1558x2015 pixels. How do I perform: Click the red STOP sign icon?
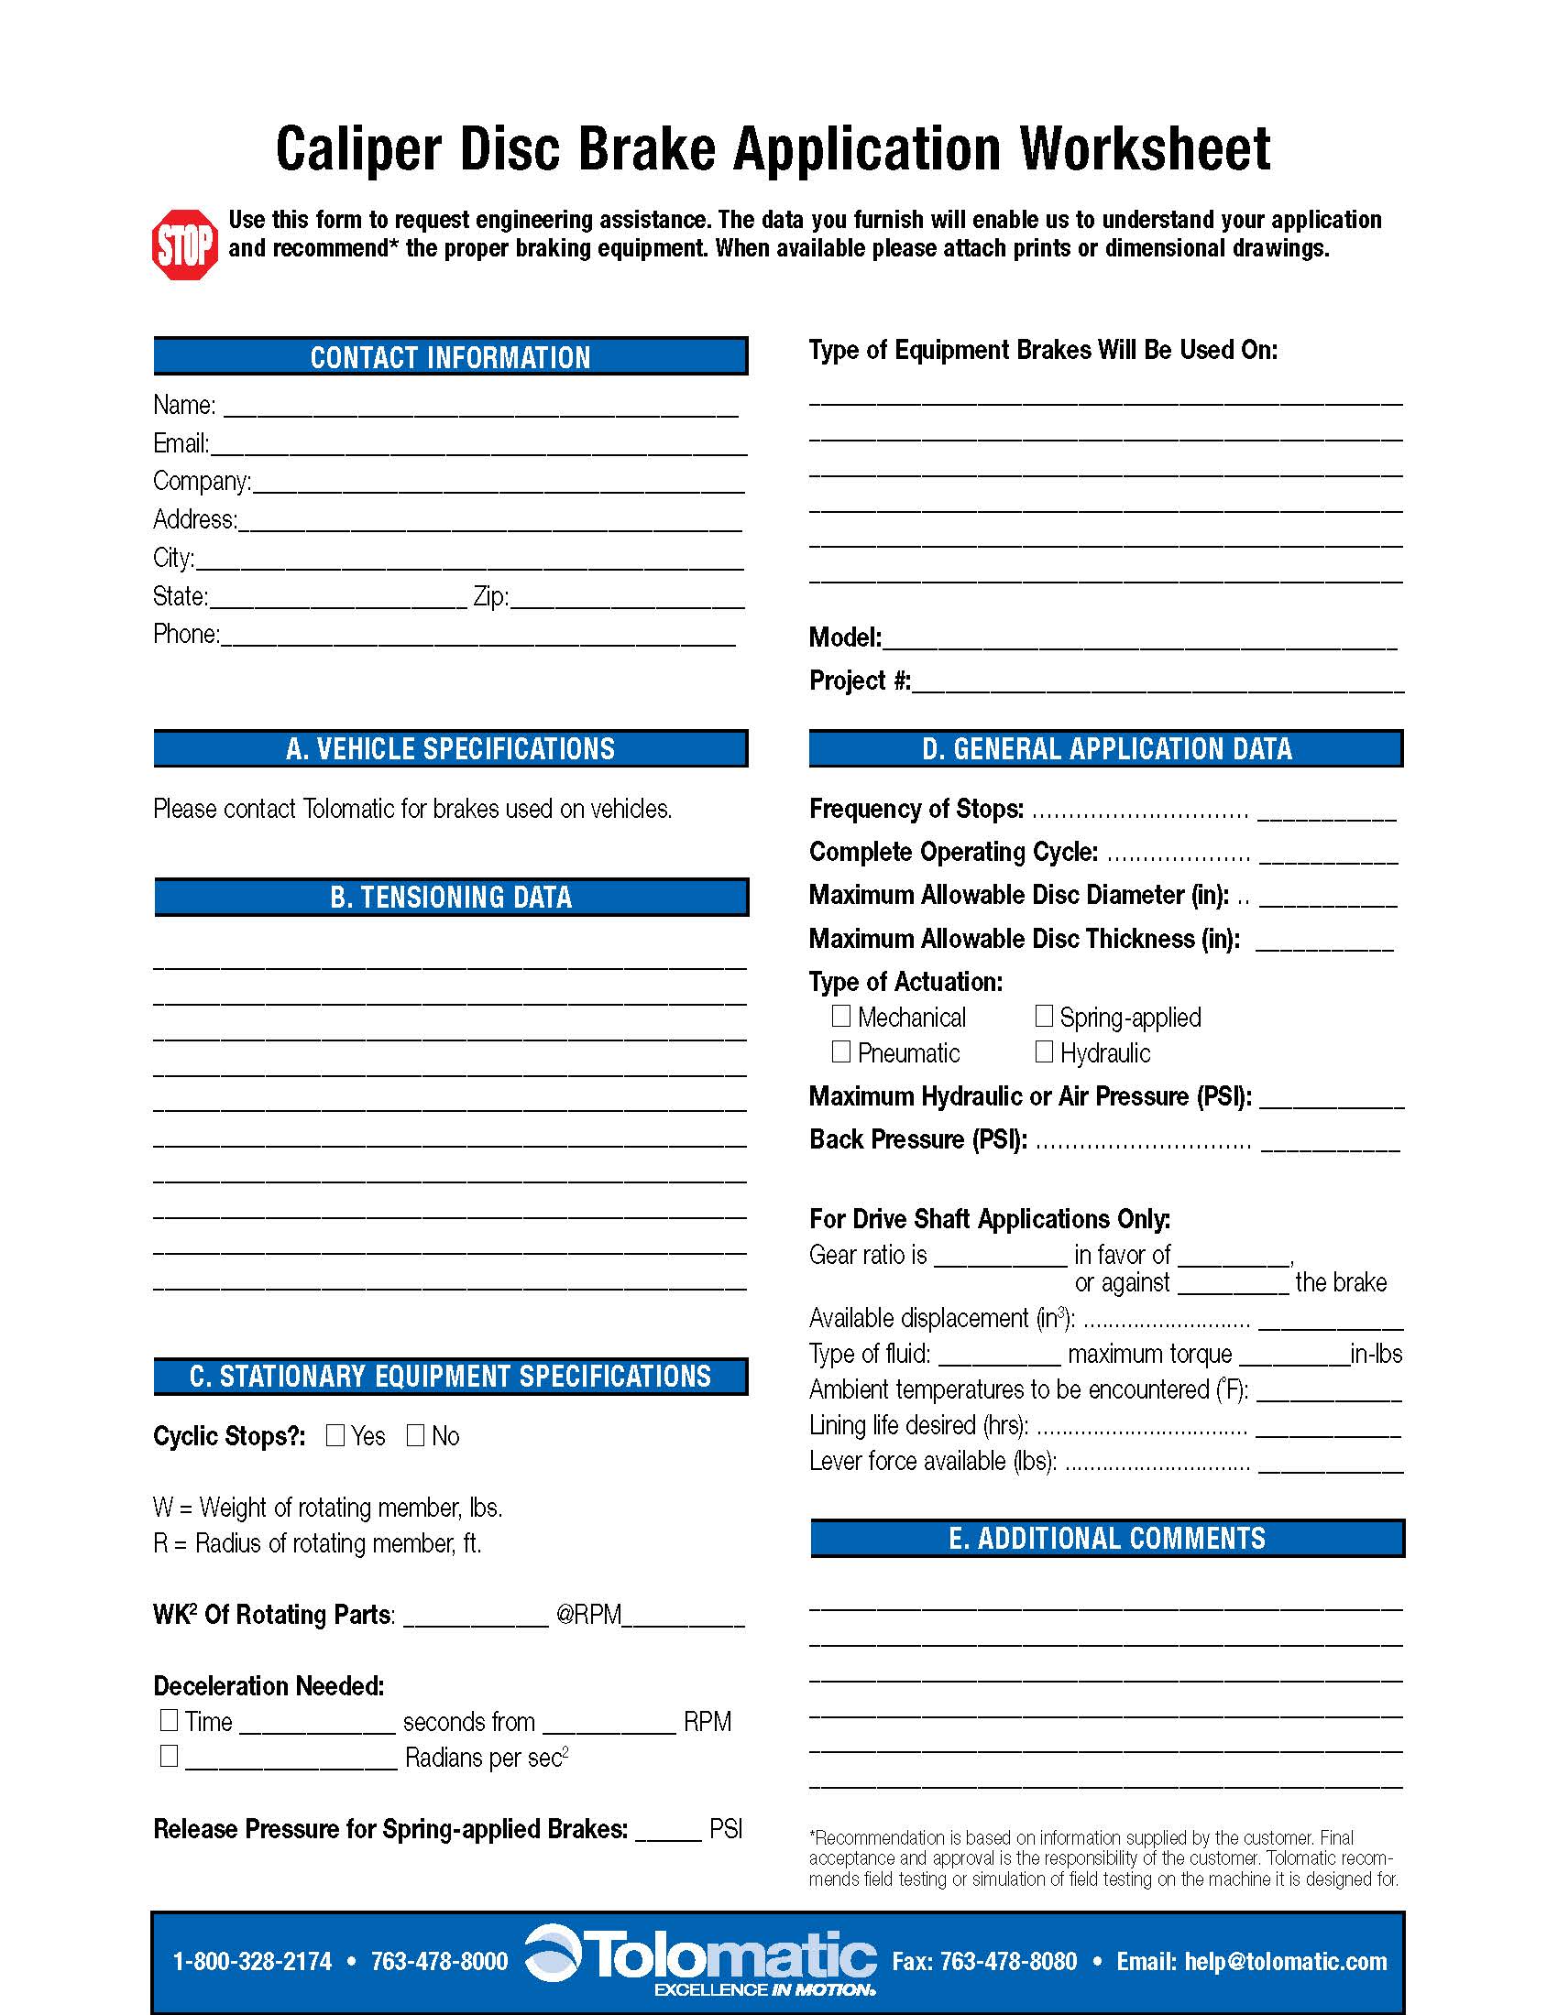pyautogui.click(x=184, y=245)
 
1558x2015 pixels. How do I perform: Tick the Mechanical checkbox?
pyautogui.click(x=840, y=1016)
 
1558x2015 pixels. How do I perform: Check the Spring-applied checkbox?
pyautogui.click(x=1044, y=1016)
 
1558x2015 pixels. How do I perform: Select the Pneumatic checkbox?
pyautogui.click(x=840, y=1051)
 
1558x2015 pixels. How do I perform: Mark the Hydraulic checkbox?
pyautogui.click(x=1044, y=1051)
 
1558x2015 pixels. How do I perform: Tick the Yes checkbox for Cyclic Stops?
pyautogui.click(x=335, y=1434)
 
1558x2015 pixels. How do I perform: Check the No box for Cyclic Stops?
pyautogui.click(x=415, y=1434)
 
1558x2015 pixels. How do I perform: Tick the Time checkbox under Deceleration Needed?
pyautogui.click(x=169, y=1720)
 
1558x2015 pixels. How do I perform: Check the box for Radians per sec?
pyautogui.click(x=169, y=1756)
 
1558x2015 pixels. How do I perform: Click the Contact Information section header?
pyautogui.click(x=450, y=357)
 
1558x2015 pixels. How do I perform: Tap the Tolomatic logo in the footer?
pyautogui.click(x=701, y=1959)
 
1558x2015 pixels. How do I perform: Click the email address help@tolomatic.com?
pyautogui.click(x=1286, y=1962)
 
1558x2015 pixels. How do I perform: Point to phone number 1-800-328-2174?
pyautogui.click(x=252, y=1962)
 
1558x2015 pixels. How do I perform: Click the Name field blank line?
pyautogui.click(x=480, y=409)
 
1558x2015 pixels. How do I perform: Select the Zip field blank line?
pyautogui.click(x=628, y=601)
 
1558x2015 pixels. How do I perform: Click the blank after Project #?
pyautogui.click(x=1158, y=684)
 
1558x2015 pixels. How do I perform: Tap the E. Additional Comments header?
pyautogui.click(x=1107, y=1538)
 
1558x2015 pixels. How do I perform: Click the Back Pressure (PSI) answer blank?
pyautogui.click(x=1330, y=1144)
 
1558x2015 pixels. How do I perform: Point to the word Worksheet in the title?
pyautogui.click(x=1145, y=149)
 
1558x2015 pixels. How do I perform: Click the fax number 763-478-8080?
pyautogui.click(x=984, y=1962)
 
